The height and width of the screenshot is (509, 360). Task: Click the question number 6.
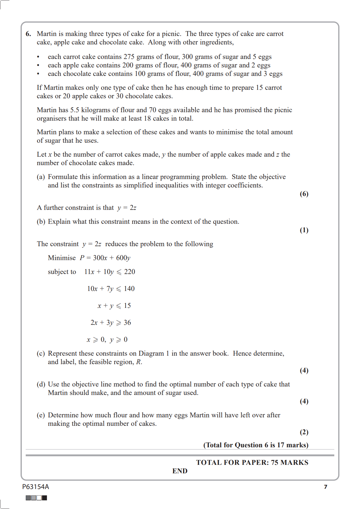tap(28, 34)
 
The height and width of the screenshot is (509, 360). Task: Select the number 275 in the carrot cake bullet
tap(129, 57)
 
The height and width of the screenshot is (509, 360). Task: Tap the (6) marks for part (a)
tap(304, 194)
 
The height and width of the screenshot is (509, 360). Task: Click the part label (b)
tap(41, 222)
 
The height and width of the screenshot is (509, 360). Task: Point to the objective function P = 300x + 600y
tap(105, 258)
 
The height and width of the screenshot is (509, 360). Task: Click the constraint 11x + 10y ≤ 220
tap(110, 272)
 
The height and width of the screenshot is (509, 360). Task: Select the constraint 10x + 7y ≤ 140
tap(111, 289)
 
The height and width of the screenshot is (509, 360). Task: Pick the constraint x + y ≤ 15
tap(114, 306)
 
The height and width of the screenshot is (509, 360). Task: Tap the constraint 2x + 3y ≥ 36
tap(111, 323)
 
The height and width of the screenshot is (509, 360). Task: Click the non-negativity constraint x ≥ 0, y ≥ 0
tap(107, 340)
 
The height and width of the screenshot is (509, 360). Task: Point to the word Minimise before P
tap(62, 258)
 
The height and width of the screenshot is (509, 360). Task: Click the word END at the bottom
tap(180, 471)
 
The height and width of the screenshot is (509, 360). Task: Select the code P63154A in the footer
tap(35, 487)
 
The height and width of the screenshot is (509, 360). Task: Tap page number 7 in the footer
tap(326, 487)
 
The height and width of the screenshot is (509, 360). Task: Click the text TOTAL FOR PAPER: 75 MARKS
tap(252, 462)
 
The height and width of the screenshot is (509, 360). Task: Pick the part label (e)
tap(41, 415)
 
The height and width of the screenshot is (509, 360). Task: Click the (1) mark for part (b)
tap(304, 230)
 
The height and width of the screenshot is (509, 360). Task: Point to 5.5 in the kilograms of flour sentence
tap(75, 110)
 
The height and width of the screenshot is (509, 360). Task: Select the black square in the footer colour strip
tap(44, 498)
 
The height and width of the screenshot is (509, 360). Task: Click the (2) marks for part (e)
tap(304, 432)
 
